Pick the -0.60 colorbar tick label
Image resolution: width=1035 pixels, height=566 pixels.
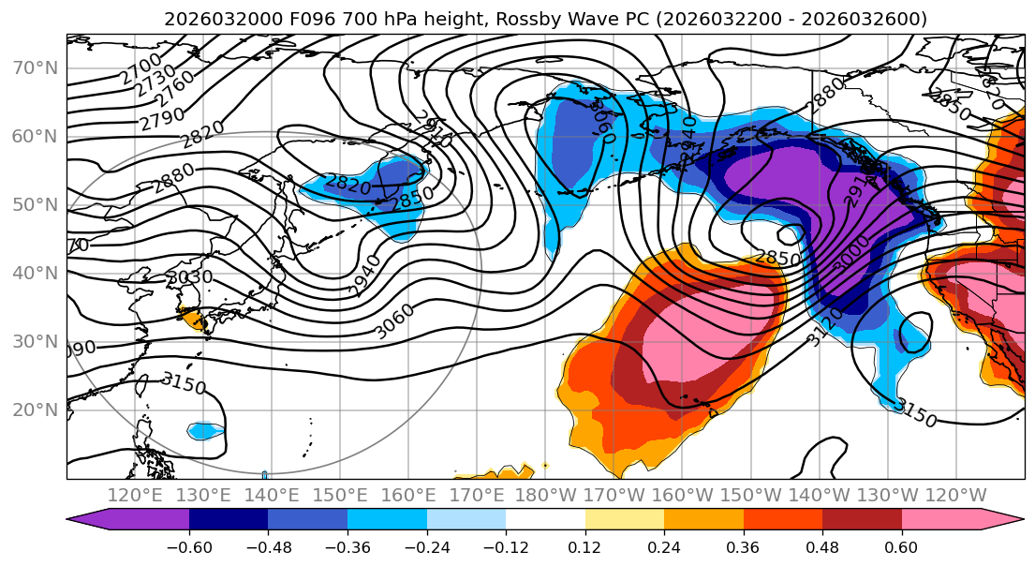(188, 546)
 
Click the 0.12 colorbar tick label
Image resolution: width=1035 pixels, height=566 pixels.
(584, 546)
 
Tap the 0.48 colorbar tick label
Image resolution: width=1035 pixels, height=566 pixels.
(822, 546)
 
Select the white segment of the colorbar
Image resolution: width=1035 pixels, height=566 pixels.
(545, 520)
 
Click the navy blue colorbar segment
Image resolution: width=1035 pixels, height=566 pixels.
(229, 520)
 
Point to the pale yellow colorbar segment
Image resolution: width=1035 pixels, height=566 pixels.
(624, 520)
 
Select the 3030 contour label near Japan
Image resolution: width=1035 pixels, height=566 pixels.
(189, 278)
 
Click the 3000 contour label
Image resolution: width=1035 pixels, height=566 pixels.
(849, 255)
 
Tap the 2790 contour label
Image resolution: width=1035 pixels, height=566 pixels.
(162, 119)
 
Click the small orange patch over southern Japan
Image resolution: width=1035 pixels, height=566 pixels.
(195, 320)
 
